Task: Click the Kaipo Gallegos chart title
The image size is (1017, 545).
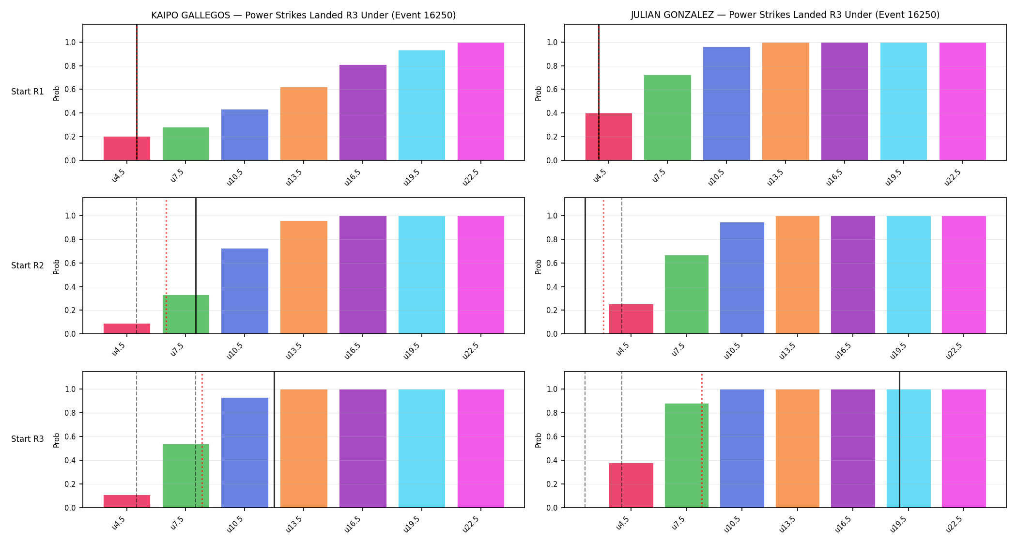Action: [304, 15]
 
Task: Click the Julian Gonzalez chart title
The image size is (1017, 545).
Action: [785, 15]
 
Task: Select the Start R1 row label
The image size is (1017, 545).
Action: [28, 92]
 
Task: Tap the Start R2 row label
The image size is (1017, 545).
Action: [28, 265]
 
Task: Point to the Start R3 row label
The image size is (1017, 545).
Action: [28, 439]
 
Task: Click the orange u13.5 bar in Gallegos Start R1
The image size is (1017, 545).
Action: [304, 124]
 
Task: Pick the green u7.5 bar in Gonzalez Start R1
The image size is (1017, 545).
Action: [667, 118]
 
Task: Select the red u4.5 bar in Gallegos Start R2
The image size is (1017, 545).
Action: [127, 328]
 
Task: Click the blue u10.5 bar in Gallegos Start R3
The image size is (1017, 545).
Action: [245, 452]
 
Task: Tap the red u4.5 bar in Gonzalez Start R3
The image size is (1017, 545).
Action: [631, 485]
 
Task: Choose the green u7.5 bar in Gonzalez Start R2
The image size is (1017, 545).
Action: [687, 295]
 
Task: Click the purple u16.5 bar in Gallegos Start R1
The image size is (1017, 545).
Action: [363, 112]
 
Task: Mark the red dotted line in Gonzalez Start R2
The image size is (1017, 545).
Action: [603, 266]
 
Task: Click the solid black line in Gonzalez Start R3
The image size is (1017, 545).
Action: [899, 440]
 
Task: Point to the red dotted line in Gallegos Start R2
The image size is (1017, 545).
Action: [166, 266]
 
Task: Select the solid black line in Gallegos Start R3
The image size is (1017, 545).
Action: [274, 440]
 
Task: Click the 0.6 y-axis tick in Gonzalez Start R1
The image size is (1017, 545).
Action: [552, 90]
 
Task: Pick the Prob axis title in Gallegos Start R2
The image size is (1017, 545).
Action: [57, 266]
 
